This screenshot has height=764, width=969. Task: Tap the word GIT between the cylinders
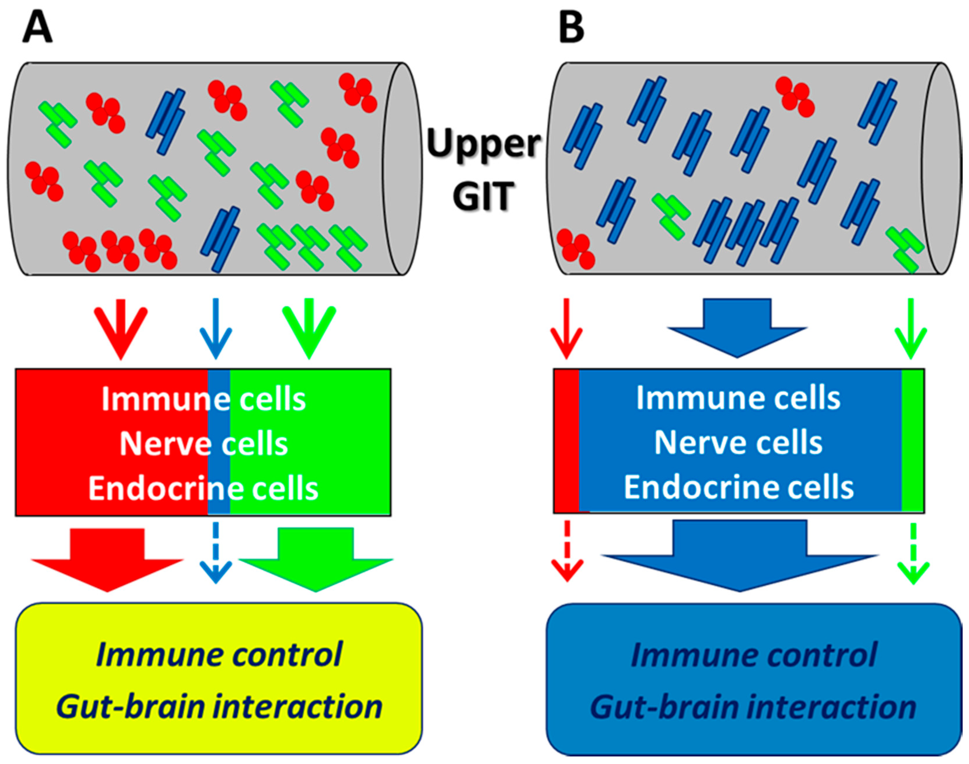pyautogui.click(x=483, y=196)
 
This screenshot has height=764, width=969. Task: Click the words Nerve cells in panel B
pyautogui.click(x=739, y=443)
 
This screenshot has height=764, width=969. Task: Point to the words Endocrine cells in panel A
pyautogui.click(x=203, y=489)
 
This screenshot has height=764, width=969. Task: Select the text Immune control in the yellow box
pyautogui.click(x=219, y=654)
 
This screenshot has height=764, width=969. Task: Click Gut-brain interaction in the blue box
pyautogui.click(x=753, y=707)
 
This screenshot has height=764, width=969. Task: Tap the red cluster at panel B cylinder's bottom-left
pyautogui.click(x=576, y=249)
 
